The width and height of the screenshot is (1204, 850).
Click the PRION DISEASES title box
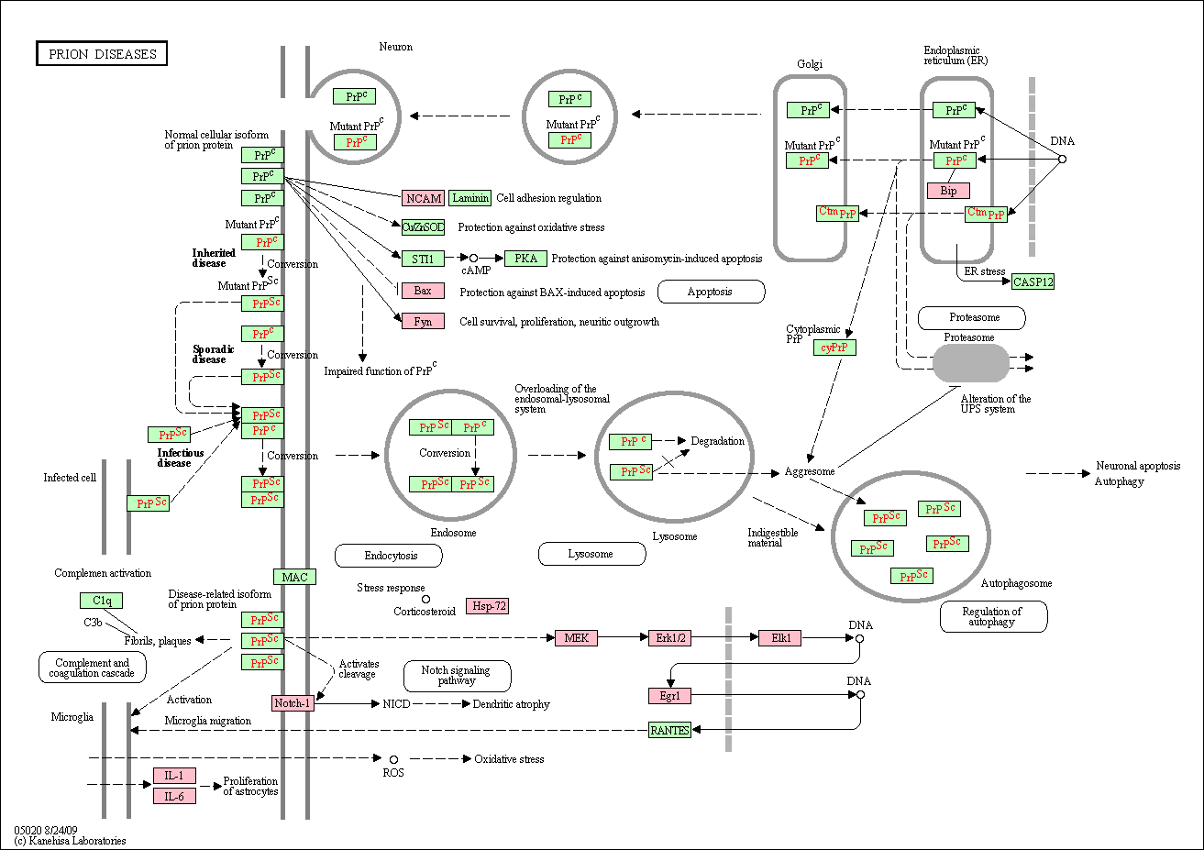tap(102, 54)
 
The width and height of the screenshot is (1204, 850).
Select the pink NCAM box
tap(423, 198)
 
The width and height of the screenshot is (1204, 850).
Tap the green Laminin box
tap(470, 197)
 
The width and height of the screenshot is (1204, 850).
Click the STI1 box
tap(423, 259)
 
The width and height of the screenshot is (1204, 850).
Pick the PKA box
tap(525, 259)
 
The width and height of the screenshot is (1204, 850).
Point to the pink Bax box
tap(423, 291)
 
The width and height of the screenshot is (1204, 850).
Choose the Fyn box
tap(423, 322)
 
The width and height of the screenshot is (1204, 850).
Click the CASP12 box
tap(1033, 281)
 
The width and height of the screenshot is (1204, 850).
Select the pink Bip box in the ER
tap(948, 191)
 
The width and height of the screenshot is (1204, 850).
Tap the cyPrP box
tap(834, 348)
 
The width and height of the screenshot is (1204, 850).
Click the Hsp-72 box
tap(487, 606)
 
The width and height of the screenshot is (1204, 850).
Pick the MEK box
tap(576, 637)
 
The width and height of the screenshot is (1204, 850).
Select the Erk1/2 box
tap(669, 637)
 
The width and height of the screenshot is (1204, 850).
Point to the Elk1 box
tap(779, 637)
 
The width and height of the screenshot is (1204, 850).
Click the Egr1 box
tap(669, 696)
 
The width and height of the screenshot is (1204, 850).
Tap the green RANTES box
tap(669, 730)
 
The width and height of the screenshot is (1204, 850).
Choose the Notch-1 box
tap(293, 703)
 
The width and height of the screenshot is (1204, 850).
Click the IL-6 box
tap(174, 796)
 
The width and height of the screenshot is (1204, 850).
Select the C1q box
tap(101, 601)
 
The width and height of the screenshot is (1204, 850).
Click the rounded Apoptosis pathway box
tap(711, 292)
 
